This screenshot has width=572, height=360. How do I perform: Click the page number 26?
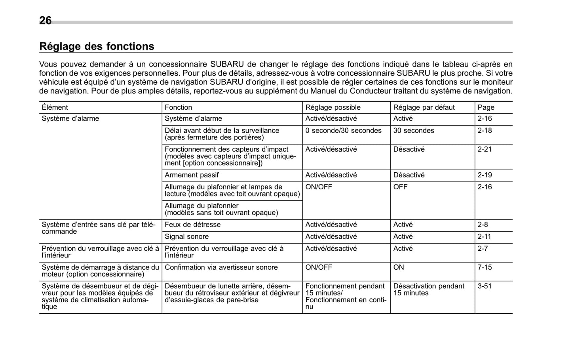(45, 21)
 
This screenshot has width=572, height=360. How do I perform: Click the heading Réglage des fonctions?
(97, 46)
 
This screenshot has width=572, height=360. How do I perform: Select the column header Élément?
(55, 107)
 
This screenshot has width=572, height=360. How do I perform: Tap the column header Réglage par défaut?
(424, 107)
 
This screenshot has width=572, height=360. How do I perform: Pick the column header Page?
(486, 107)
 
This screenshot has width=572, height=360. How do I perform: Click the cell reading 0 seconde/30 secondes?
(343, 131)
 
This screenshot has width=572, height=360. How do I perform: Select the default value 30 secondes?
(413, 131)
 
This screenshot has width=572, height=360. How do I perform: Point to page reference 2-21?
(485, 149)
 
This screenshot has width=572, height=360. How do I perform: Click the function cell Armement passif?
(192, 175)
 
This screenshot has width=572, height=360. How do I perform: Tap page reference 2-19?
(485, 175)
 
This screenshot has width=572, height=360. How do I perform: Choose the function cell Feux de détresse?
(192, 225)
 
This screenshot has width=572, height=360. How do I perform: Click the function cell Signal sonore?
(186, 236)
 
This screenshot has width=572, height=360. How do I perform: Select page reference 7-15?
(485, 267)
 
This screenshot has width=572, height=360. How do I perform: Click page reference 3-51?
(485, 286)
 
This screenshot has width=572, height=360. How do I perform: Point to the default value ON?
(399, 267)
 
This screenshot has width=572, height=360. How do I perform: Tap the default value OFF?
(400, 187)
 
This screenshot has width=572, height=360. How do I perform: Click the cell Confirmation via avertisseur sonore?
(221, 267)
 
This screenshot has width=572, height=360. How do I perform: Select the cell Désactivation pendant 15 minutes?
(428, 290)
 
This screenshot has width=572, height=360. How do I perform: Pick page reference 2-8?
(483, 225)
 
